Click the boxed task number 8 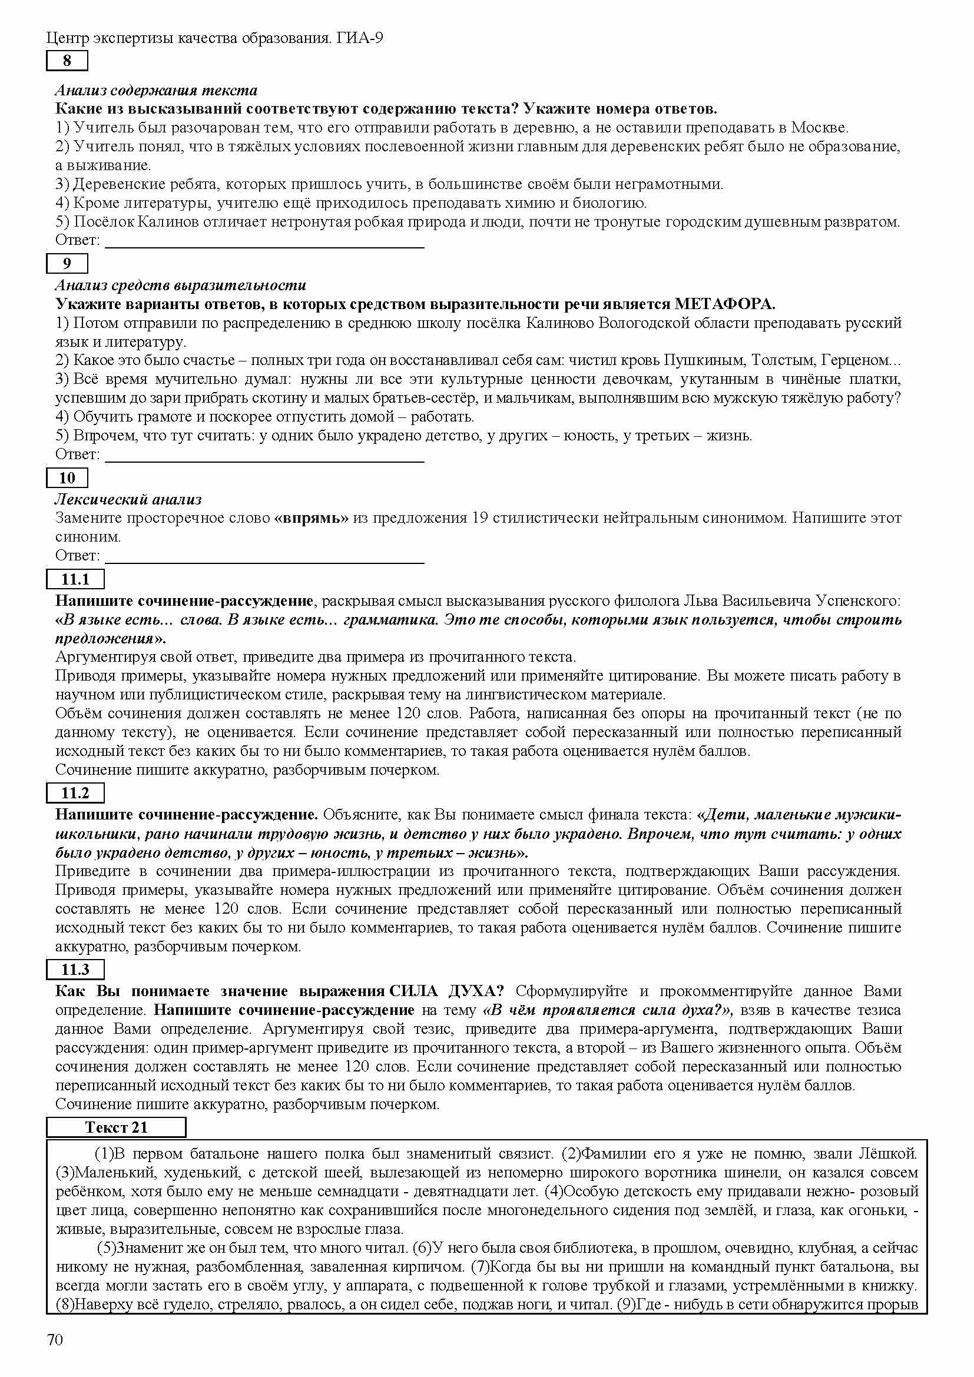pos(67,61)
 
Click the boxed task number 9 pos(67,263)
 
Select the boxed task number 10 pos(67,478)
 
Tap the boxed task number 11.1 pos(75,579)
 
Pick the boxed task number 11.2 pos(75,793)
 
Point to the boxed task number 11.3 pos(75,970)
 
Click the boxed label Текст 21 pos(116,1127)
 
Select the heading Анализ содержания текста pos(156,90)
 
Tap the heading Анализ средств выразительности pos(181,285)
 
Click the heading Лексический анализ pos(128,499)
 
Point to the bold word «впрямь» pos(311,517)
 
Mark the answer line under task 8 pos(264,246)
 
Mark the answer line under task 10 pos(264,562)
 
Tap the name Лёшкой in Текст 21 pos(890,1153)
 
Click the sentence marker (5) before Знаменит pos(106,1248)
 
